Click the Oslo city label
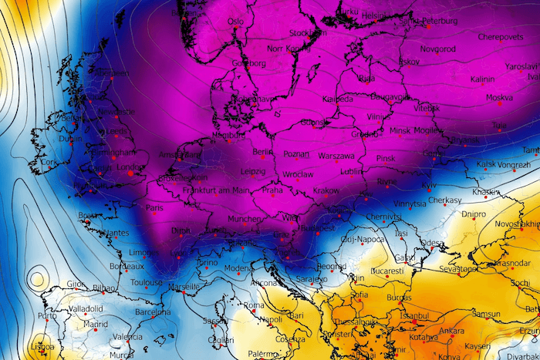[235, 22]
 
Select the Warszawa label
[336, 156]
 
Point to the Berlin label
[263, 153]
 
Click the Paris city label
[156, 208]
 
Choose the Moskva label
[500, 98]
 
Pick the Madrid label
[96, 325]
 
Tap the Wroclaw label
[297, 174]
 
